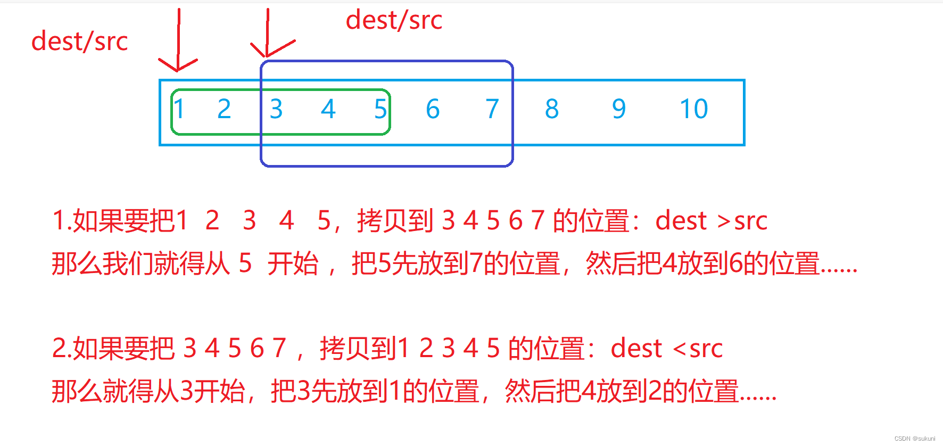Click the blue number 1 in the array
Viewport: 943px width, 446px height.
click(179, 109)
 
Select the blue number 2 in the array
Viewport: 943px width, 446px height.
click(224, 109)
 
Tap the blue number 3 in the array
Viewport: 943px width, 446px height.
click(276, 109)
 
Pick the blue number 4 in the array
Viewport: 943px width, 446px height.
click(328, 109)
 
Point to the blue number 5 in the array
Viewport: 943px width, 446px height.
click(380, 109)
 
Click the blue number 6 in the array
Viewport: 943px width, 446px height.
click(433, 109)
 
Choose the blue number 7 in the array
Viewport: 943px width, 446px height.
click(492, 109)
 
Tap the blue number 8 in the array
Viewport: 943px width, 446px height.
click(552, 109)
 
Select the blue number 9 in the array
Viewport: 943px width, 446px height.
click(618, 109)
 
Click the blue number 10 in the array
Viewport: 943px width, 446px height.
click(694, 109)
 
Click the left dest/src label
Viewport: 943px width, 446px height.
click(80, 42)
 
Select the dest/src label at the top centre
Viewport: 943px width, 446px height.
click(394, 21)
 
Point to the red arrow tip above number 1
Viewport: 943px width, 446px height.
click(177, 69)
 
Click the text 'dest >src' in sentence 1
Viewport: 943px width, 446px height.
click(711, 221)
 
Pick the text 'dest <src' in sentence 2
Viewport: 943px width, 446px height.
click(666, 349)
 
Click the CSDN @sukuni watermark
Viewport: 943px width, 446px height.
click(914, 439)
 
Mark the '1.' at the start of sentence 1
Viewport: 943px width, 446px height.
click(61, 221)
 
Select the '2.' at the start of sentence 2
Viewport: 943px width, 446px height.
click(61, 349)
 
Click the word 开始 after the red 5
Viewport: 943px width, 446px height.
click(293, 263)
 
